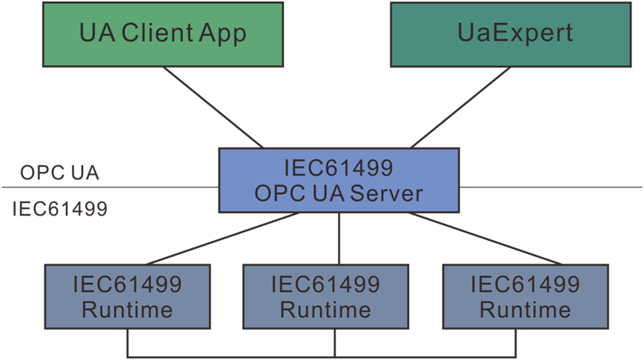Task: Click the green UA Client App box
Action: [162, 34]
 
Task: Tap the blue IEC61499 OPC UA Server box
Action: [338, 180]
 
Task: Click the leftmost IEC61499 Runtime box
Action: [127, 296]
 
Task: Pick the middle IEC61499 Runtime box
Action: [325, 296]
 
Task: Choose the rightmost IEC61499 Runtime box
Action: [525, 296]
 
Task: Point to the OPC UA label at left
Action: [59, 173]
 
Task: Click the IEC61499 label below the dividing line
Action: [59, 210]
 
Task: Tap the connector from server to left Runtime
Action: [222, 239]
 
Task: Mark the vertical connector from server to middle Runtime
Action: [339, 239]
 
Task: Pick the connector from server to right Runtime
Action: [485, 239]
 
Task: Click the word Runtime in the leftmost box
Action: [127, 309]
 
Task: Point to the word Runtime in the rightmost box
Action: [525, 309]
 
